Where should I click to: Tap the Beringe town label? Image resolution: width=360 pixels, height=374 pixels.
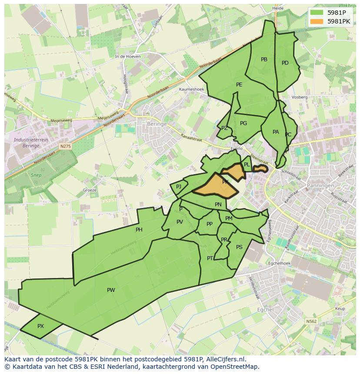click(157, 124)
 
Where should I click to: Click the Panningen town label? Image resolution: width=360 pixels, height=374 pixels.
click(320, 185)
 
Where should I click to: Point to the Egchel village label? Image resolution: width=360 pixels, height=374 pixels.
click(265, 310)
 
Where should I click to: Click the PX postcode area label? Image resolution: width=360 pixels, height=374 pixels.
click(40, 326)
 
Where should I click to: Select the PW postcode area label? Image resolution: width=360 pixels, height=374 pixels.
click(111, 290)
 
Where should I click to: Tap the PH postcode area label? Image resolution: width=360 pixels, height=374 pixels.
click(139, 230)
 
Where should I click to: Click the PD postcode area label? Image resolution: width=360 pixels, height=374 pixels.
click(285, 63)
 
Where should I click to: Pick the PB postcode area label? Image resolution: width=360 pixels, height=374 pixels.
click(264, 60)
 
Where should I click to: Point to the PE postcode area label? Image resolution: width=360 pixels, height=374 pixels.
click(239, 85)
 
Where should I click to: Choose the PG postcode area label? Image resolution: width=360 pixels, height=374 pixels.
click(243, 123)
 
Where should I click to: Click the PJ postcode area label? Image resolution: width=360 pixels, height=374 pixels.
click(178, 187)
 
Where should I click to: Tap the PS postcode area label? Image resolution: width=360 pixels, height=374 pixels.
click(239, 247)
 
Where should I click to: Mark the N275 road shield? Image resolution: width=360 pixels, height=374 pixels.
click(65, 147)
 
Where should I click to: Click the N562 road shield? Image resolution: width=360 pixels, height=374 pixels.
click(311, 321)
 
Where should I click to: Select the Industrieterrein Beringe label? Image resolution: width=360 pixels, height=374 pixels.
click(30, 143)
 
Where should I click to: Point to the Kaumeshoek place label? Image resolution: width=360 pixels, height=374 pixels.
click(191, 89)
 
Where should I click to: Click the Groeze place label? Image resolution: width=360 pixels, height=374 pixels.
click(90, 190)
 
